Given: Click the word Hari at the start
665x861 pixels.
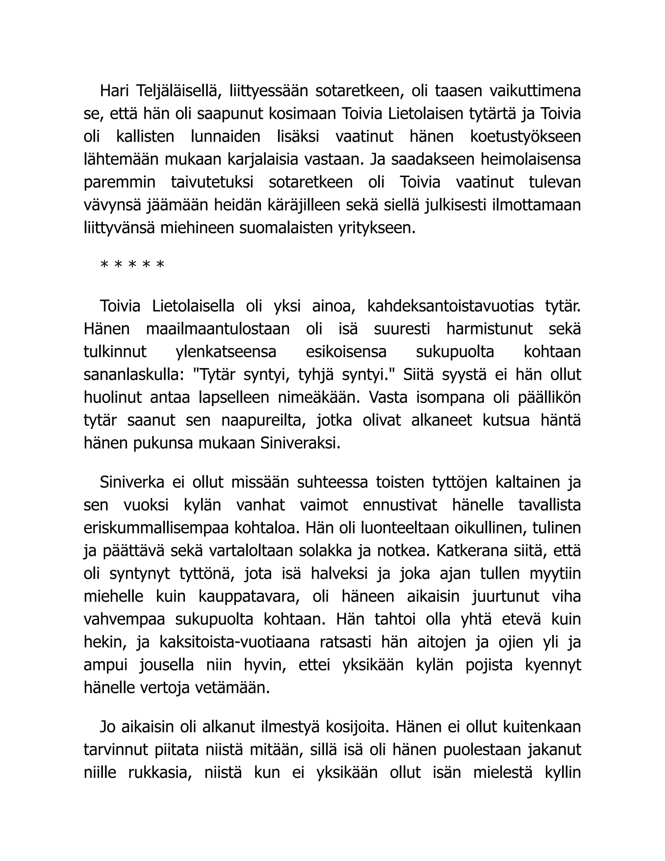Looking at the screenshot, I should (114, 91).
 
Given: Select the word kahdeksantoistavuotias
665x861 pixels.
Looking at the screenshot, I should (450, 306).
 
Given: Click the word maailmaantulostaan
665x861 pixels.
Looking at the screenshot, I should (218, 329).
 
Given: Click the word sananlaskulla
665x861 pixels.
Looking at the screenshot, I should (133, 375).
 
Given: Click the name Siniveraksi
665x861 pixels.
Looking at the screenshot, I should (300, 443).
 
